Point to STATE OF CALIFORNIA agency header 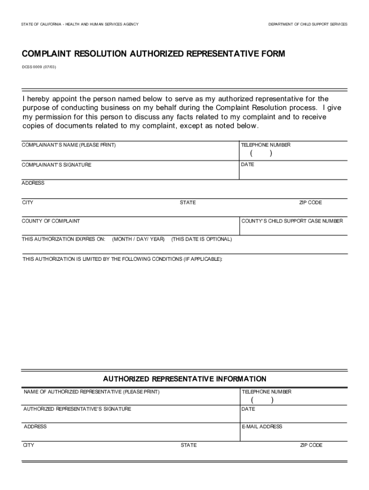click(80, 24)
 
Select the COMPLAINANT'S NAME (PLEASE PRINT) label click(69, 145)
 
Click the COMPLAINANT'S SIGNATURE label click(57, 165)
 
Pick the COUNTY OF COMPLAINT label click(51, 221)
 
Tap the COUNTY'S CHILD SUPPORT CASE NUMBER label click(292, 221)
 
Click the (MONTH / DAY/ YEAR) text click(138, 239)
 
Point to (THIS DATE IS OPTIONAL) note click(201, 239)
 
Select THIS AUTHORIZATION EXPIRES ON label click(63, 239)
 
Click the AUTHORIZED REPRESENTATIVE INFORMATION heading click(184, 379)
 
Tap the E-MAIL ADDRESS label click(262, 426)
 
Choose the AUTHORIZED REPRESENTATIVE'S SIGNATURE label click(77, 409)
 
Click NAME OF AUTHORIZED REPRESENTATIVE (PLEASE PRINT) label click(92, 392)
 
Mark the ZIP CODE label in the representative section click(311, 445)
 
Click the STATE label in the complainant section click(188, 202)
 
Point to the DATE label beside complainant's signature click(248, 165)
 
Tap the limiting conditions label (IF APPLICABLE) click(122, 259)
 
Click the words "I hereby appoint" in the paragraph click(48, 99)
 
